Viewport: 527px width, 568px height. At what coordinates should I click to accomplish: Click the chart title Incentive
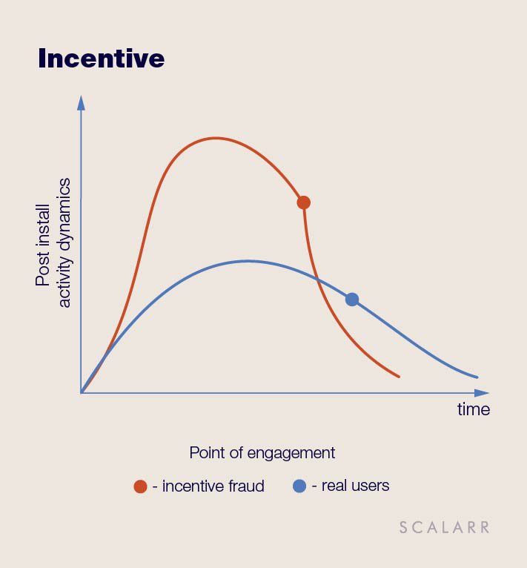101,59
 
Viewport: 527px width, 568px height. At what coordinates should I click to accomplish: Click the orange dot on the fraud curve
303,202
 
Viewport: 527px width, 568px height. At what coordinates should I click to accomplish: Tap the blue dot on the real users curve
351,300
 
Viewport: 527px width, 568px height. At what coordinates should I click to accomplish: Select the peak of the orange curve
216,138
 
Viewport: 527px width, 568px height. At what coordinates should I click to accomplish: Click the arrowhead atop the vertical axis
81,103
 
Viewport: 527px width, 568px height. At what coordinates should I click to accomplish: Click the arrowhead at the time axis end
481,393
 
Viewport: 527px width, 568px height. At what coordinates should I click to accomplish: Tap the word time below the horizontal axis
474,410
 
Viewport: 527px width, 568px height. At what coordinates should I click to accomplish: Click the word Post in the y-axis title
43,271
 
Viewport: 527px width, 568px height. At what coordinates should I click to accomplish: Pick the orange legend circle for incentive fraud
140,486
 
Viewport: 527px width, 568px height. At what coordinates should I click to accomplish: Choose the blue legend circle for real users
299,486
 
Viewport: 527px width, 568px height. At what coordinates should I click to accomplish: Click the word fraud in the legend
245,486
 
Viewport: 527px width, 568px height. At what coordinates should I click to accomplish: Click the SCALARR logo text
445,527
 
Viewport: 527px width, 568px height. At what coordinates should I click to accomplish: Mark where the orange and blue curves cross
318,279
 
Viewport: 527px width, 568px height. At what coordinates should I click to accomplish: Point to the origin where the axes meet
81,393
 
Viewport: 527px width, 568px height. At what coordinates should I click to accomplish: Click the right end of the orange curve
399,377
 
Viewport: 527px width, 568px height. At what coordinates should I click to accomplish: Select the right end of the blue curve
477,377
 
